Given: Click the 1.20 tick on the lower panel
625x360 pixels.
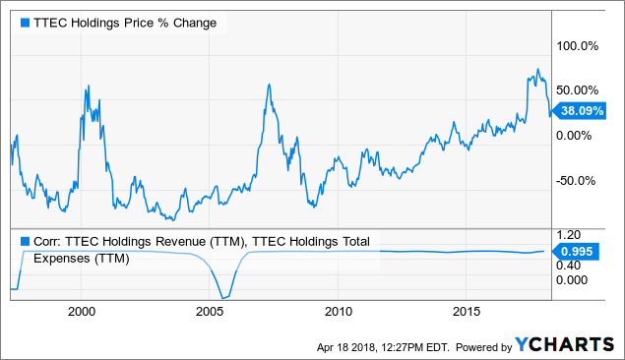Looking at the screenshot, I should [x=571, y=236].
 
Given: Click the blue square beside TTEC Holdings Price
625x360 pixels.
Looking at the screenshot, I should [x=24, y=22].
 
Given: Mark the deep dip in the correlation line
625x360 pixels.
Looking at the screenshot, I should [x=224, y=296].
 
